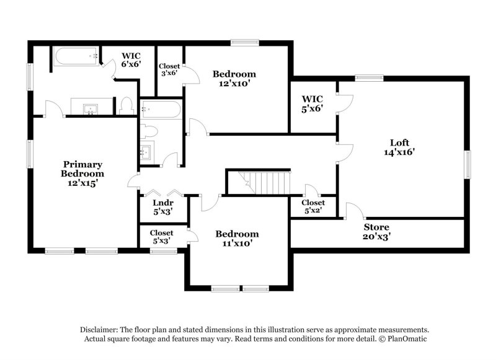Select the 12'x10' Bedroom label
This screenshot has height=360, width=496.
[234, 79]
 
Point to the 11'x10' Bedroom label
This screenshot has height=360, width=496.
[237, 239]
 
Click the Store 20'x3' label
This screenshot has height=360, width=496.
[376, 231]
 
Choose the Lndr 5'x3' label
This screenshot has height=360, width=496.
[162, 206]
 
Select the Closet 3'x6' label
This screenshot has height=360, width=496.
[169, 69]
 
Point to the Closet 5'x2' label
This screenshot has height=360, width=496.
[313, 206]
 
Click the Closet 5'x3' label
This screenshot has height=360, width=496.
[161, 236]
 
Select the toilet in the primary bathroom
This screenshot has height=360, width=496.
[126, 105]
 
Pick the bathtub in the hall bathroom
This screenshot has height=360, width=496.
[160, 110]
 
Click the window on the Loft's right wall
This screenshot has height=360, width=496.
[469, 164]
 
